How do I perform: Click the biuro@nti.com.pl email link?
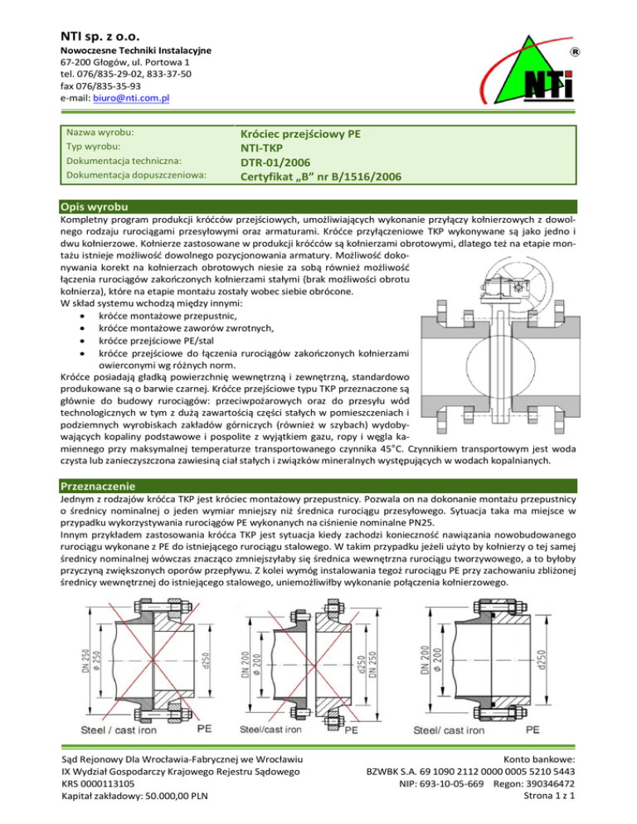pyautogui.click(x=131, y=99)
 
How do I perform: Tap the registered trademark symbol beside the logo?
pyautogui.click(x=575, y=51)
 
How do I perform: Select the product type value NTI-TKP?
pyautogui.click(x=261, y=148)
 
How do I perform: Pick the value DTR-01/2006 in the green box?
pyautogui.click(x=275, y=162)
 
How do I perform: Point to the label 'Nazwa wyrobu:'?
pyautogui.click(x=100, y=133)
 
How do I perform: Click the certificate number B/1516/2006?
pyautogui.click(x=366, y=177)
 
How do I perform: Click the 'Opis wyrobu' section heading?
pyautogui.click(x=95, y=206)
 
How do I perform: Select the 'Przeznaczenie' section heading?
pyautogui.click(x=98, y=486)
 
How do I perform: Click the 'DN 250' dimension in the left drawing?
pyautogui.click(x=85, y=660)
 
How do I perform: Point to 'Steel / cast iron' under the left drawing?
pyautogui.click(x=119, y=730)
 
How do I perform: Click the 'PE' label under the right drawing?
pyautogui.click(x=532, y=730)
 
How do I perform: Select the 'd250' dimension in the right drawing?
pyautogui.click(x=542, y=660)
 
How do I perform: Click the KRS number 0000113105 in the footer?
pyautogui.click(x=111, y=783)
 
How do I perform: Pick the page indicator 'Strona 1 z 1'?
pyautogui.click(x=549, y=796)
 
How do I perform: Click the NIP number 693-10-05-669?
pyautogui.click(x=451, y=783)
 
